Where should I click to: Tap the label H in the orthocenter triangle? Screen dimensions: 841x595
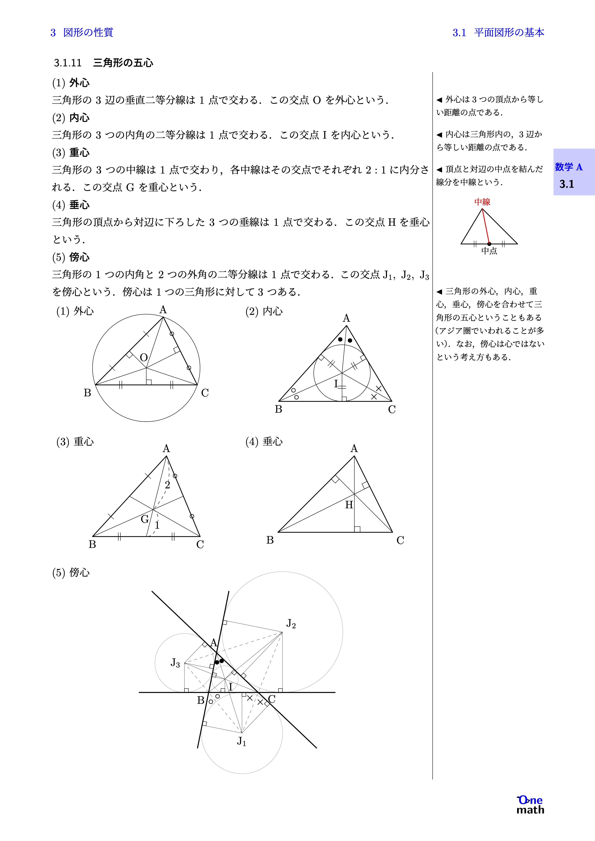[x=349, y=505]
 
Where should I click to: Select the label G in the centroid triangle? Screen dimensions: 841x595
[x=145, y=519]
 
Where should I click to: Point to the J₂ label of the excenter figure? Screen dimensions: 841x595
[x=291, y=623]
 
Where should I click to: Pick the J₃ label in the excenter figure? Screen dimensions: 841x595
[x=175, y=663]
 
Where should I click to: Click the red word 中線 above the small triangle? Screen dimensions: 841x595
[x=482, y=202]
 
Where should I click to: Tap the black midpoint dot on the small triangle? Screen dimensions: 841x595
[x=489, y=244]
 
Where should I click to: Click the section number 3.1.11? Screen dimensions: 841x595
[x=68, y=63]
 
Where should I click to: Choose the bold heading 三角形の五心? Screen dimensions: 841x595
[x=123, y=63]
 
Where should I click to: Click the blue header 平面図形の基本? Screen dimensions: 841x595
[x=509, y=33]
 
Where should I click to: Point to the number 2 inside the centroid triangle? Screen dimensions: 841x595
[x=168, y=485]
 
